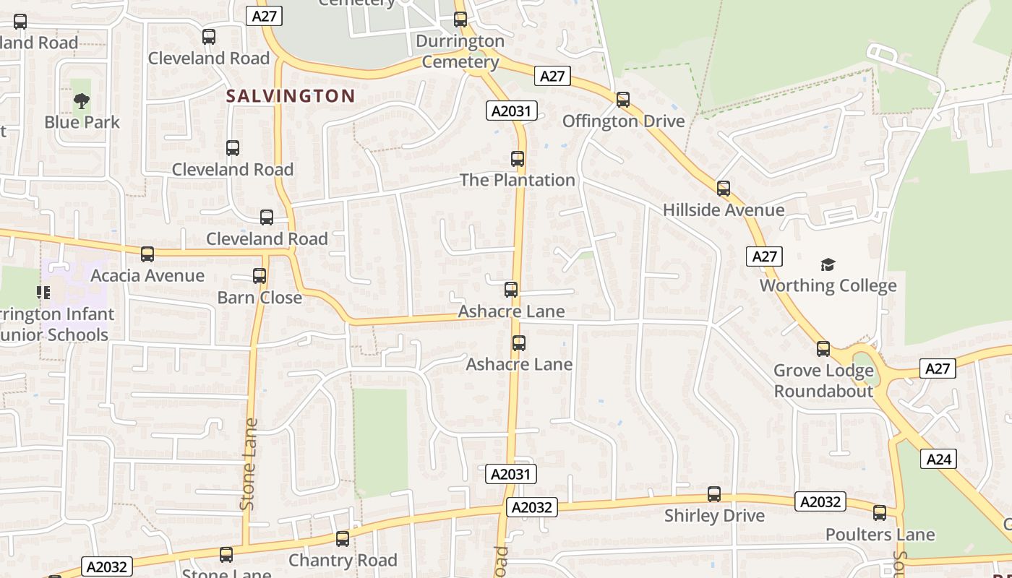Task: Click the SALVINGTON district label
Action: click(x=291, y=96)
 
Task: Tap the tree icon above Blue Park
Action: click(x=82, y=101)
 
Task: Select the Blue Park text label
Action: click(x=82, y=122)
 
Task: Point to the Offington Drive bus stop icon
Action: click(x=623, y=100)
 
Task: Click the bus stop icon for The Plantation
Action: click(x=518, y=159)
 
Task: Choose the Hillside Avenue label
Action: click(x=724, y=210)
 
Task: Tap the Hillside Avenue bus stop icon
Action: click(x=724, y=189)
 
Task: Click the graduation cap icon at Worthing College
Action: click(x=828, y=265)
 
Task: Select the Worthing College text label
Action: click(x=828, y=285)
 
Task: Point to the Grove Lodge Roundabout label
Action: click(x=823, y=381)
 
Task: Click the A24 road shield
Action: click(x=938, y=459)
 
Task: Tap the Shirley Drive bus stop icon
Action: click(x=714, y=494)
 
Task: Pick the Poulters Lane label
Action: click(x=880, y=535)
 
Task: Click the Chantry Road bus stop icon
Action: click(x=343, y=539)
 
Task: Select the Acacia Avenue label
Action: click(x=147, y=275)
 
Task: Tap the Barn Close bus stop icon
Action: click(x=260, y=276)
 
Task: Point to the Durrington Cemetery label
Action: click(x=460, y=51)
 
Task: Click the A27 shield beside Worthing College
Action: click(x=764, y=256)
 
